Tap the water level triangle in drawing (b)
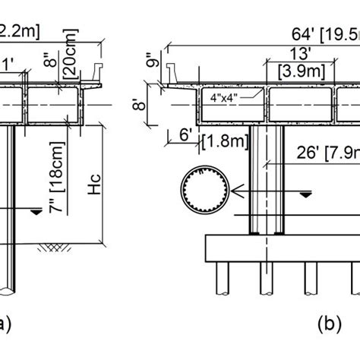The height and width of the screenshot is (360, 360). tap(305, 194)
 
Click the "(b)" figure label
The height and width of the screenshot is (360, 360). tap(330, 325)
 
